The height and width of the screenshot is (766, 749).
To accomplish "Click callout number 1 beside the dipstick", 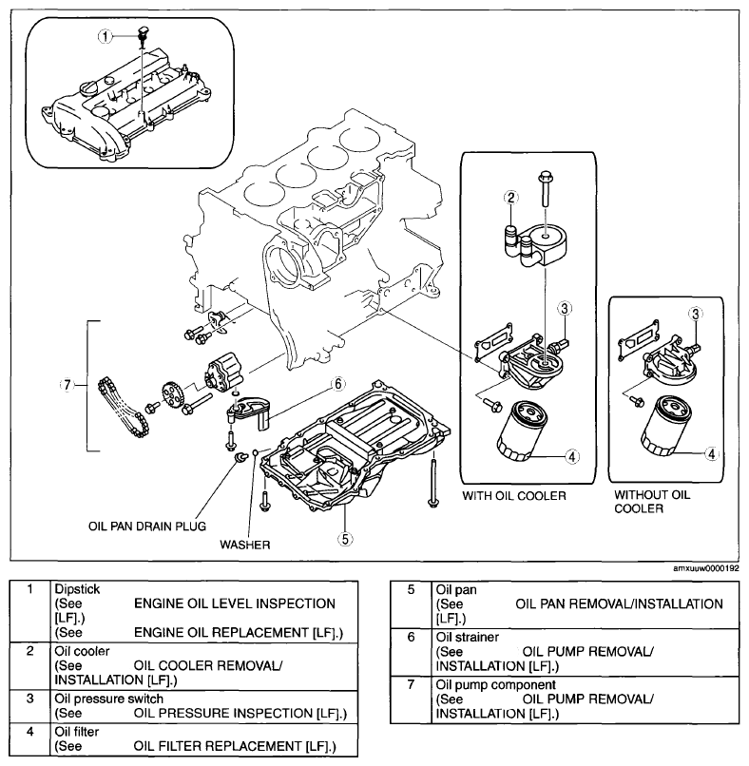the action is coord(106,36).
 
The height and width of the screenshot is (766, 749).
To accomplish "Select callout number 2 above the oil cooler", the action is coord(511,198).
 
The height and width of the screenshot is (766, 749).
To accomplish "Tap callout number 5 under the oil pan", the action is coord(345,539).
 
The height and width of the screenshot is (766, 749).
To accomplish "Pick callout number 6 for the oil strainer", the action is coord(338,384).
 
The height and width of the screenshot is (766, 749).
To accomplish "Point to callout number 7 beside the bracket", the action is coord(67,385).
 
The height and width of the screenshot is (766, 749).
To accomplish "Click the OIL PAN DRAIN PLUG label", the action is coord(147,527).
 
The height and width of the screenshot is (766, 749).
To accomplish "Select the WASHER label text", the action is coord(245,545).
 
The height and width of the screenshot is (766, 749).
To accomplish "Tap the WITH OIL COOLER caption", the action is coord(514,496).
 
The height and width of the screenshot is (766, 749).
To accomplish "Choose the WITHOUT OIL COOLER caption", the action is coord(652,502).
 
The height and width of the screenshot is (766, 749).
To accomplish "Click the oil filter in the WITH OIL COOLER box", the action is coord(523,431).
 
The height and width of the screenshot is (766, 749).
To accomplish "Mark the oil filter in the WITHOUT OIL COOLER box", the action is coord(667,426).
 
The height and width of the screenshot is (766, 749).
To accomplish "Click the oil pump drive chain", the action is coord(124,407).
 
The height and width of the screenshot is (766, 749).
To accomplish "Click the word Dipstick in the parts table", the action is coord(77,589).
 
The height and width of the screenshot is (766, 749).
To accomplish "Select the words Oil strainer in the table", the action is coord(467,637).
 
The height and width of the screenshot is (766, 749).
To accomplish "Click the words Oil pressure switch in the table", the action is coord(109,699).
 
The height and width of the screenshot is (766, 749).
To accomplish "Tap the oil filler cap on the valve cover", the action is coord(86,89).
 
